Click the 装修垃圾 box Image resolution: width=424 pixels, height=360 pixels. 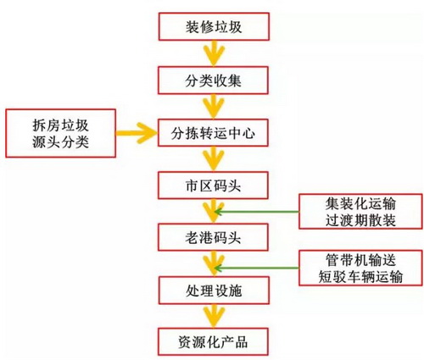click(214, 26)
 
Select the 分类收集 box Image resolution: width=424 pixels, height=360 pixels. click(213, 80)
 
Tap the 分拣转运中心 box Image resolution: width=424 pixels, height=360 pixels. click(213, 133)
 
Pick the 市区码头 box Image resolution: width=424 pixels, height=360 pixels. click(213, 186)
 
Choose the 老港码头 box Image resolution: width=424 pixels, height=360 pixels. click(213, 237)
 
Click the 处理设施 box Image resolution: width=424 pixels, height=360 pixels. click(214, 291)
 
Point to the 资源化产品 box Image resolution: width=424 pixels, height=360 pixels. click(213, 341)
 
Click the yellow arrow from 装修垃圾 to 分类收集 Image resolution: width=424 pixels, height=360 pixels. click(214, 53)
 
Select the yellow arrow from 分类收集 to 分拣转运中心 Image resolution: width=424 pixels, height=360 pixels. click(214, 107)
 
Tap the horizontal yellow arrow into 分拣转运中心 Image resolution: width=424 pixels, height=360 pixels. click(137, 133)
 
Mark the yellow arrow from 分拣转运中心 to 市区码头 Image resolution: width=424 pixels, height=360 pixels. click(214, 158)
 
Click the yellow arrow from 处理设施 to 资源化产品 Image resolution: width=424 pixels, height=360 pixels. click(214, 316)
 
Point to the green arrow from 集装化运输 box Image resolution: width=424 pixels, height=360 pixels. click(257, 212)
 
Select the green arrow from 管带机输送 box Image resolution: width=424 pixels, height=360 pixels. click(257, 268)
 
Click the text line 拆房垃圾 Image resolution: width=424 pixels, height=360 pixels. click(60, 125)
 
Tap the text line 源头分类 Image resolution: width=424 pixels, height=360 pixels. click(60, 141)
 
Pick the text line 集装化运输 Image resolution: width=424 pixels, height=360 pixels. click(360, 203)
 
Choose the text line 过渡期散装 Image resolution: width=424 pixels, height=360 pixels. click(360, 220)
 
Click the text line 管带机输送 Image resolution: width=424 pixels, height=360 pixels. click(360, 260)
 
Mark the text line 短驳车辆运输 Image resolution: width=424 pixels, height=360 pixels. click(360, 276)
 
